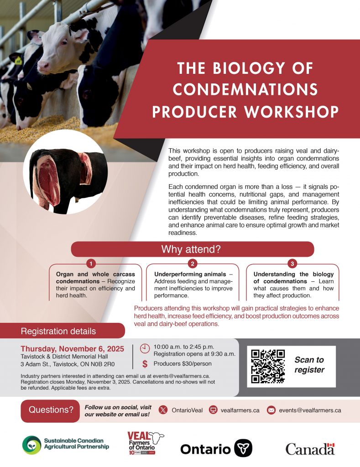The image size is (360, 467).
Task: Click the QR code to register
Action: (x=268, y=366)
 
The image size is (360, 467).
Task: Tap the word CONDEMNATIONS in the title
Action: (x=245, y=89)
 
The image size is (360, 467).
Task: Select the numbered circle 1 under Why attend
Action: (x=91, y=264)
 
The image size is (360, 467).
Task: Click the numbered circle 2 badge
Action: (x=193, y=264)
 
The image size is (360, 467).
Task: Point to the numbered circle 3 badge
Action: (x=292, y=264)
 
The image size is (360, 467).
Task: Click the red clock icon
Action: (x=145, y=348)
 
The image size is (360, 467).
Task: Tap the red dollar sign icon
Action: (x=145, y=363)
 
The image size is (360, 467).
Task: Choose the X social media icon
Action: (x=163, y=410)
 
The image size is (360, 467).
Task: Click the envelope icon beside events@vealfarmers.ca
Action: (x=271, y=410)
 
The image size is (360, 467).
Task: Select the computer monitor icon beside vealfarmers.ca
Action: (x=213, y=410)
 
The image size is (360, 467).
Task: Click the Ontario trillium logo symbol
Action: (x=243, y=448)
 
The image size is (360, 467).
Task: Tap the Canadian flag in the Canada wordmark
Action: (x=331, y=445)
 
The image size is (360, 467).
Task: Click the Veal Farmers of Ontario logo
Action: (x=146, y=443)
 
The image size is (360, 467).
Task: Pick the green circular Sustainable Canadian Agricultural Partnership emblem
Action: (x=31, y=445)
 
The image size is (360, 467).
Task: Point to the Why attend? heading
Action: (x=191, y=249)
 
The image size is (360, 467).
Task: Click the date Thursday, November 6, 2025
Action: (x=73, y=349)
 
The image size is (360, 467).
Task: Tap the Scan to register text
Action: (x=309, y=365)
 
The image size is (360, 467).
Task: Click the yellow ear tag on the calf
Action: (x=18, y=61)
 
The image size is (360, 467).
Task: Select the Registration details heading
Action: (x=58, y=331)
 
